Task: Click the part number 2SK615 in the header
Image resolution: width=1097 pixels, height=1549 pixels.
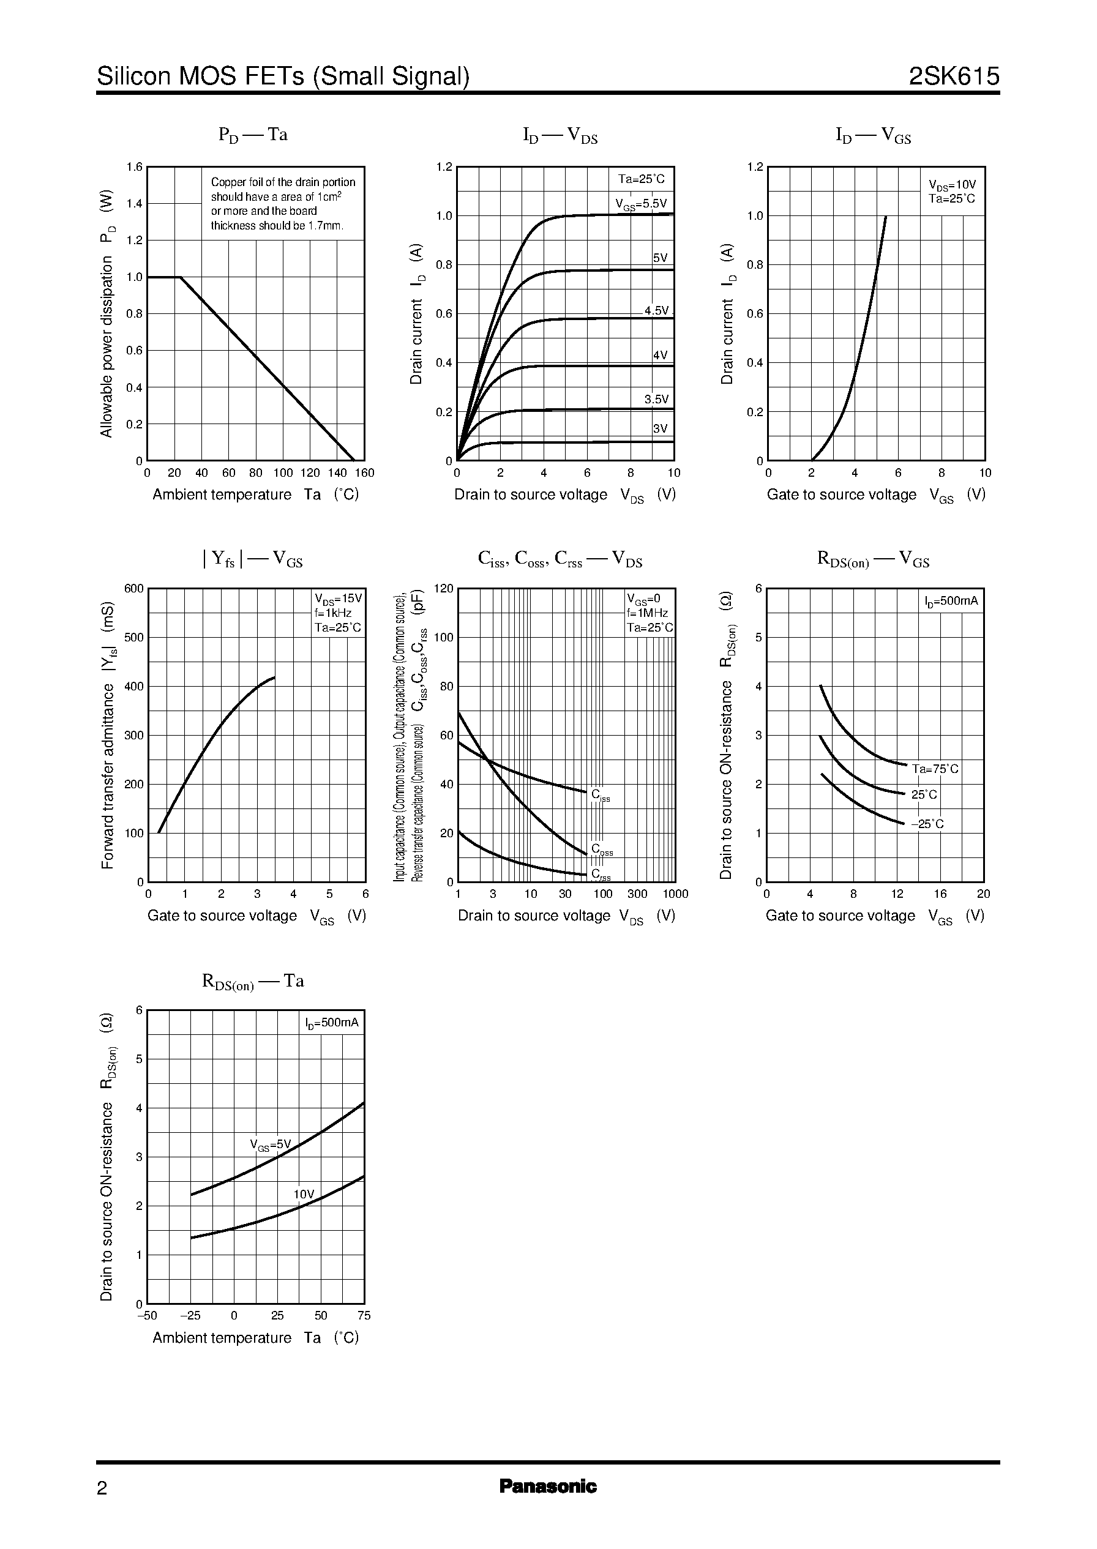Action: pos(953,77)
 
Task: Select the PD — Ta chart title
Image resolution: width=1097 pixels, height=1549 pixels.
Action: pos(253,135)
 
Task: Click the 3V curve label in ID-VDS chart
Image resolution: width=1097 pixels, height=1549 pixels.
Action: pos(660,429)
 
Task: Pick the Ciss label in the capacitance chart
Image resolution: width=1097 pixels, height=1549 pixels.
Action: pos(600,796)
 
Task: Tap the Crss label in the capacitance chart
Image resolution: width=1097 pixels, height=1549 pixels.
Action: pos(601,875)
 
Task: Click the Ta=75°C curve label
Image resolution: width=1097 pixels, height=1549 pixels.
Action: pos(935,769)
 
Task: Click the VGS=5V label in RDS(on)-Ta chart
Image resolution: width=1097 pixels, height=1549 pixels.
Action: pos(270,1144)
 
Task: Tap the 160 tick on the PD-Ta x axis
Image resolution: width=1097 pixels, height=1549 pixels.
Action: pos(364,473)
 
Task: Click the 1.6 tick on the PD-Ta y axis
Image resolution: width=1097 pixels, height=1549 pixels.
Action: pos(135,167)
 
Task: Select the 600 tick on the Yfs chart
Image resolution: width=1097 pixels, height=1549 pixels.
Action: pos(133,588)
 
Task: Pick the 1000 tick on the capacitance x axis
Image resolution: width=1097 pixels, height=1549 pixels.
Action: pos(675,894)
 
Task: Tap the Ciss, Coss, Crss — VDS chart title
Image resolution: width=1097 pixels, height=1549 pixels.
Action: pos(560,559)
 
